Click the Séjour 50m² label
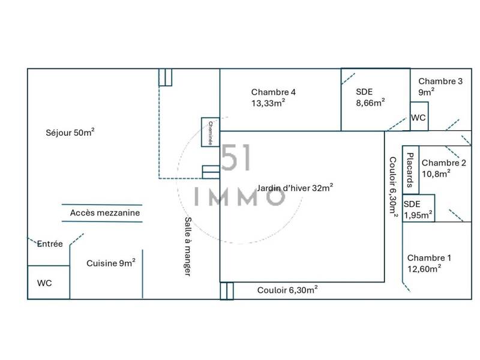pyautogui.click(x=70, y=132)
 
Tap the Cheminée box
pyautogui.click(x=211, y=132)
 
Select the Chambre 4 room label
pyautogui.click(x=274, y=98)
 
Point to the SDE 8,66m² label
pyautogui.click(x=370, y=97)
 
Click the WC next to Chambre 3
pyautogui.click(x=419, y=116)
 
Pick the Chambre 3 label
pyautogui.click(x=440, y=86)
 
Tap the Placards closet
pyautogui.click(x=410, y=170)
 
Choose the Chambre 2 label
pyautogui.click(x=444, y=169)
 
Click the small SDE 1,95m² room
pyautogui.click(x=418, y=208)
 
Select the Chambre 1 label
pyautogui.click(x=429, y=263)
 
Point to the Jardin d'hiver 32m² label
pyautogui.click(x=295, y=188)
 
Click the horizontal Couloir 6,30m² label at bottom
pyautogui.click(x=287, y=290)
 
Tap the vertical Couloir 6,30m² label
pyautogui.click(x=393, y=187)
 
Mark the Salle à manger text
pyautogui.click(x=188, y=247)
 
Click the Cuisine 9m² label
pyautogui.click(x=111, y=263)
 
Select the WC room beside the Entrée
pyautogui.click(x=49, y=282)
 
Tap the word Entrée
pyautogui.click(x=50, y=244)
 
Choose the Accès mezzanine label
pyautogui.click(x=105, y=213)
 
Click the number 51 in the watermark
pyautogui.click(x=236, y=157)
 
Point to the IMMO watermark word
pyautogui.click(x=240, y=197)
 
